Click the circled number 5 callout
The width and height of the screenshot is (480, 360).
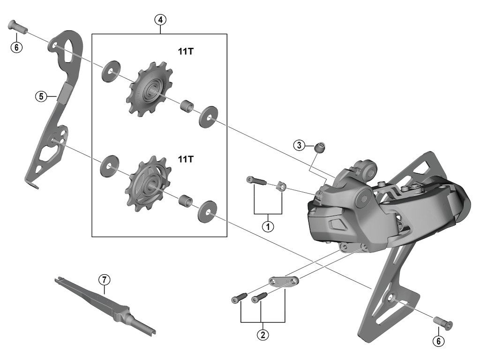41,97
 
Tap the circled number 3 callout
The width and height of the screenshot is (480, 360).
300,145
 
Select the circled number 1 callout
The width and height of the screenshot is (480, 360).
268,226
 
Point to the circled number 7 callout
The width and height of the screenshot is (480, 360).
104,280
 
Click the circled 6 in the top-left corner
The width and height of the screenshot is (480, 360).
17,47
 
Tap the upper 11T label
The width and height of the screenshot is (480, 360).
185,52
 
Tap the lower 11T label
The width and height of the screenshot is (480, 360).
185,159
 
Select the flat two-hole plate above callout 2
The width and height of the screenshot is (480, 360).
284,281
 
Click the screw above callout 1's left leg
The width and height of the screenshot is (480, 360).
255,180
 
